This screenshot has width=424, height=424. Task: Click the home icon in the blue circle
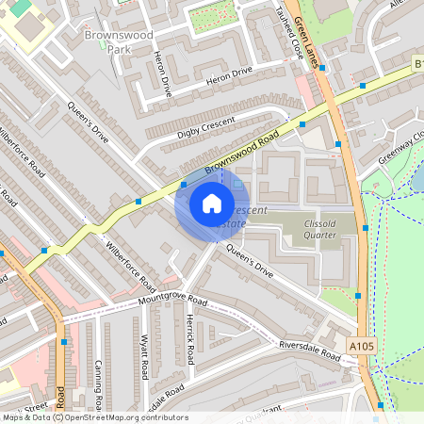(211, 203)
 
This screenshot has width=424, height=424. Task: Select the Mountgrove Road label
(158, 301)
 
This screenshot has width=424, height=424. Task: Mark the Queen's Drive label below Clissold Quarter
(250, 261)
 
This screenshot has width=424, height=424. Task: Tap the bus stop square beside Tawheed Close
(302, 123)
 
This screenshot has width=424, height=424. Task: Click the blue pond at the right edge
(417, 175)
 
